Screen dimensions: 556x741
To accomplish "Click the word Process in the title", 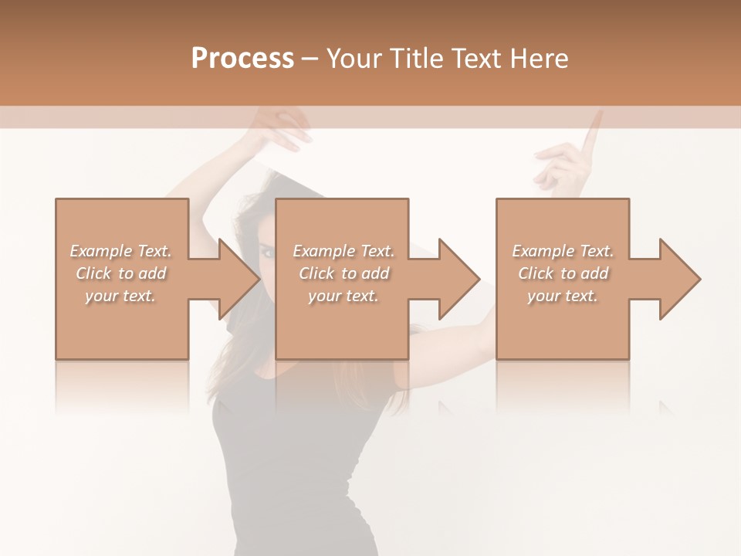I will pyautogui.click(x=242, y=59).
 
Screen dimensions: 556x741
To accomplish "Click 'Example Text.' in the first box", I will pyautogui.click(x=120, y=251).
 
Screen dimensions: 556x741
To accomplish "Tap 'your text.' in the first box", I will pyautogui.click(x=120, y=296).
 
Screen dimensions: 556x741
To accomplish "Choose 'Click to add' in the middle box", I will pyautogui.click(x=343, y=273).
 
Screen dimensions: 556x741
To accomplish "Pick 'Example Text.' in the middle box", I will pyautogui.click(x=343, y=251).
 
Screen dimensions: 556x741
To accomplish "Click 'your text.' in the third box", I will pyautogui.click(x=563, y=296).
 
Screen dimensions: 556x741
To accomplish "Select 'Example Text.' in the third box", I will pyautogui.click(x=563, y=251).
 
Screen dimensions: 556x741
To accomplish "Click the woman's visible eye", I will pyautogui.click(x=266, y=251).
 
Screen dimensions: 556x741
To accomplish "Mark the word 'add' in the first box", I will pyautogui.click(x=153, y=273).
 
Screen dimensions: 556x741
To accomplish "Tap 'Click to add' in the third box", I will pyautogui.click(x=563, y=273).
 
